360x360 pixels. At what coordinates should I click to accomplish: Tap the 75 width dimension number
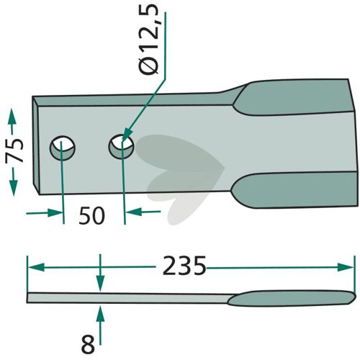pyautogui.click(x=14, y=150)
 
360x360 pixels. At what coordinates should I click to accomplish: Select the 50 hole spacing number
pyautogui.click(x=92, y=215)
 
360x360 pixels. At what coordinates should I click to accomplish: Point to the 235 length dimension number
pyautogui.click(x=184, y=266)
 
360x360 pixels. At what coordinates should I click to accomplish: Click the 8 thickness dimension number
pyautogui.click(x=88, y=345)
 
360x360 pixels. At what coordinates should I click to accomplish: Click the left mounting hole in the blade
pyautogui.click(x=63, y=148)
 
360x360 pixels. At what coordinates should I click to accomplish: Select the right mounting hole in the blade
pyautogui.click(x=121, y=146)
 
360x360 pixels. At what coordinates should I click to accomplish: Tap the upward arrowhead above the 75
pyautogui.click(x=12, y=117)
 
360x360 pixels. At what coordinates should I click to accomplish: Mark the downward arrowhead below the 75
pyautogui.click(x=14, y=188)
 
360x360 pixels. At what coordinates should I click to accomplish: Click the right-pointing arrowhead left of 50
pyautogui.click(x=55, y=213)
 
